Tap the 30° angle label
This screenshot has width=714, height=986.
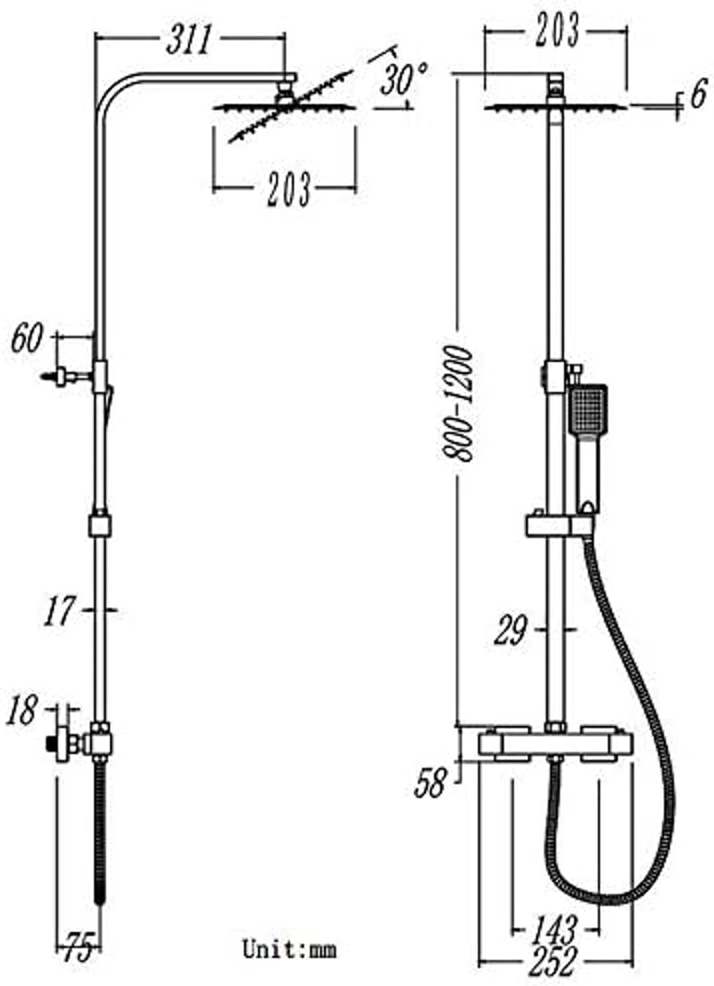[x=403, y=78]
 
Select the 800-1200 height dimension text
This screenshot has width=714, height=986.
[x=457, y=403]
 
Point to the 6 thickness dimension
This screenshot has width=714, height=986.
[x=698, y=95]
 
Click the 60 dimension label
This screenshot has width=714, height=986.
[x=27, y=338]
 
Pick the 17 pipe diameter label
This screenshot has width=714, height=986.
[x=59, y=610]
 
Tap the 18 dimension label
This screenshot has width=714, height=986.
[x=21, y=711]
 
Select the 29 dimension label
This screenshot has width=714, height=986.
[x=510, y=630]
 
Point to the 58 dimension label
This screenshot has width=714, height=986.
[x=430, y=783]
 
